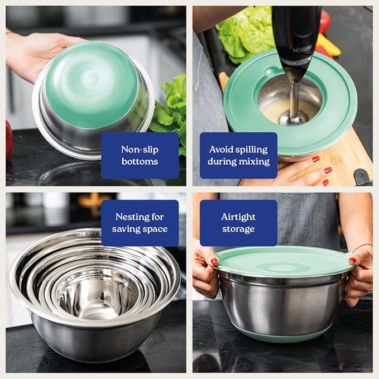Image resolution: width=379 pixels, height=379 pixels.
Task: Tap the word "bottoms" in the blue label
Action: (x=140, y=162)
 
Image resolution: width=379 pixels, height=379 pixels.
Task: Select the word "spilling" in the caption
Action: (x=250, y=149)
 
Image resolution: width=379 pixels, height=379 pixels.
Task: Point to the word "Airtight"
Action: (x=238, y=217)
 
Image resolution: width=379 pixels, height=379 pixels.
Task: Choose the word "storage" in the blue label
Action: (x=238, y=229)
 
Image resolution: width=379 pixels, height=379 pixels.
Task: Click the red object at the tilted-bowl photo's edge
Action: (x=9, y=140)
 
